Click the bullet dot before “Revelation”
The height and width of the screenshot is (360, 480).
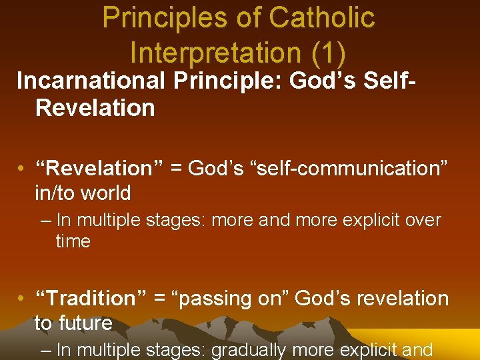23,169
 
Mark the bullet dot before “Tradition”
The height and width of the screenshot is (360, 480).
23,299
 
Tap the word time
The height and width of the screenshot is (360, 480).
73,241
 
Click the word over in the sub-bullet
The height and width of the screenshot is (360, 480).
422,219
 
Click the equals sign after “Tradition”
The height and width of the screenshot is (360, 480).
159,299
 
